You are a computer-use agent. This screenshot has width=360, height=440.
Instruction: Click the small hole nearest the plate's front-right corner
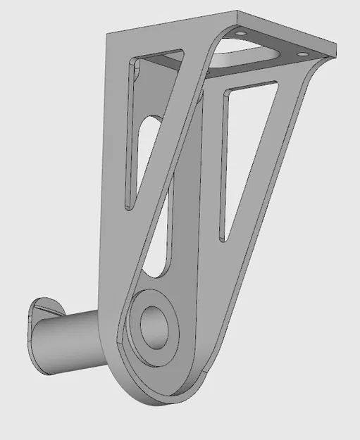tap(304, 53)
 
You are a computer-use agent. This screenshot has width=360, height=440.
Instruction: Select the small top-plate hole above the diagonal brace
tap(241, 33)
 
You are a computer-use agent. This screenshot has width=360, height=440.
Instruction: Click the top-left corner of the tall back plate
tap(108, 33)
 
